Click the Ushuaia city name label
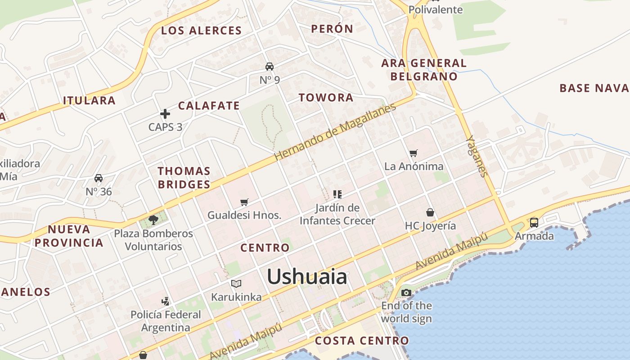click(x=307, y=276)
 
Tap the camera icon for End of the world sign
click(x=406, y=293)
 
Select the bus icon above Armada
click(x=534, y=222)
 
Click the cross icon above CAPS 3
click(x=165, y=114)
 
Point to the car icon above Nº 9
click(x=270, y=67)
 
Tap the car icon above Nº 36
click(x=99, y=178)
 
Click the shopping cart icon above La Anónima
click(x=414, y=153)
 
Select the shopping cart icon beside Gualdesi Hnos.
click(x=244, y=202)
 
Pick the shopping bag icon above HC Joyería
click(x=430, y=212)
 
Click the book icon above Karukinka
click(x=236, y=283)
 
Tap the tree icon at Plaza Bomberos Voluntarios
click(x=153, y=220)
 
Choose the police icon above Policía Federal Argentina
click(x=166, y=301)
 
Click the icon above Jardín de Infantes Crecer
click(x=337, y=194)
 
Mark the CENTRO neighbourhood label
click(x=265, y=248)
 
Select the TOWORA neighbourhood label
click(x=326, y=98)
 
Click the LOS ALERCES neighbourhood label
click(x=202, y=31)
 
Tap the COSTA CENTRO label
click(x=362, y=341)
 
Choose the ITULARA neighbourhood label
click(x=89, y=100)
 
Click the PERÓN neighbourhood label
click(x=333, y=29)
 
